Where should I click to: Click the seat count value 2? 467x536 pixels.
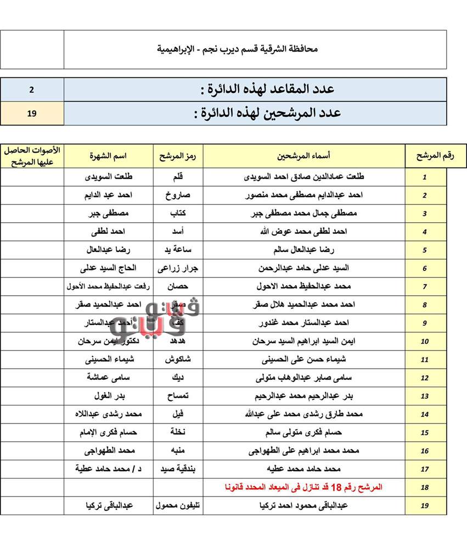click(x=32, y=89)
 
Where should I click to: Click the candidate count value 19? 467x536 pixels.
click(x=32, y=114)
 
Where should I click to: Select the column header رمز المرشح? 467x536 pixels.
click(x=178, y=156)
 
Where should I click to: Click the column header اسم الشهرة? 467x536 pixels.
click(x=109, y=156)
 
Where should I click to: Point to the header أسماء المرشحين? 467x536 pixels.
click(x=303, y=156)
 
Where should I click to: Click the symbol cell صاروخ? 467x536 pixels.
click(x=178, y=195)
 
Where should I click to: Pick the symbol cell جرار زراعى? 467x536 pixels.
click(x=178, y=268)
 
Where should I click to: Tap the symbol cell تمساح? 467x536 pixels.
click(x=178, y=396)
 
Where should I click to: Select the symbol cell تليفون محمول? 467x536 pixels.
click(x=178, y=506)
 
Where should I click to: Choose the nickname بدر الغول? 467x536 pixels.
click(x=109, y=396)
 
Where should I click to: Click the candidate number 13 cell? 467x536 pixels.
click(x=425, y=397)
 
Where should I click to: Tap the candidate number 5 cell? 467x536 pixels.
click(x=425, y=250)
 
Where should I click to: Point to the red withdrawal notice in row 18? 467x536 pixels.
click(x=303, y=487)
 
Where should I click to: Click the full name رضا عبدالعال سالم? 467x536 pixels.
click(x=303, y=250)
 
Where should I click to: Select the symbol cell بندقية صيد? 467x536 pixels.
click(x=178, y=469)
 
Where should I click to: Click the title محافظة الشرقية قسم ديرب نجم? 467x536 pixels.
click(x=237, y=49)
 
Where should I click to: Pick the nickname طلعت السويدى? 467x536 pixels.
click(x=109, y=177)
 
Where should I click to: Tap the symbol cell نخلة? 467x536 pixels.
click(x=178, y=432)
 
